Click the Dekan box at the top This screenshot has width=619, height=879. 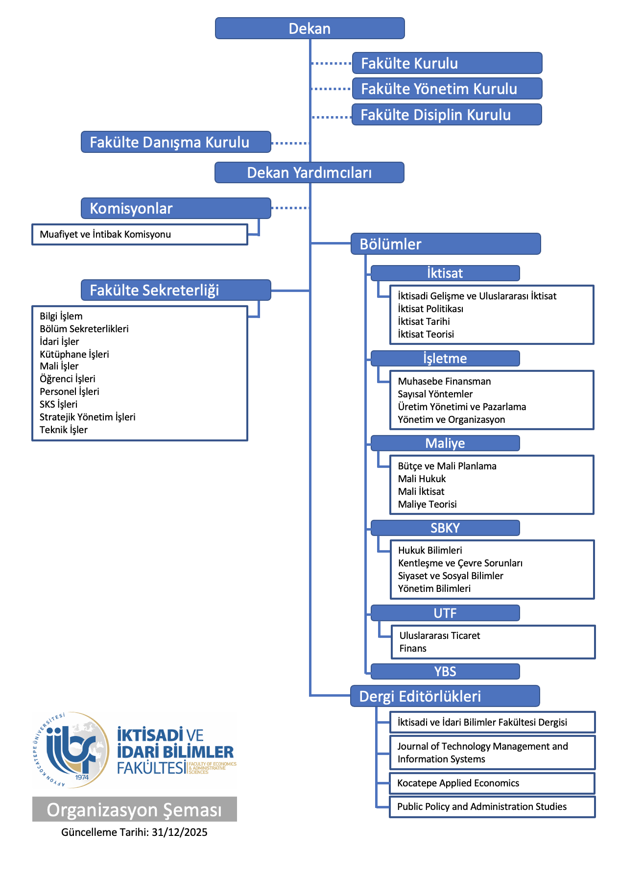[x=309, y=28]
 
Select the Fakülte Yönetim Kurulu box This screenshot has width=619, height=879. [x=447, y=89]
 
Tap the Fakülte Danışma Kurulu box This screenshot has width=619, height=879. [x=176, y=142]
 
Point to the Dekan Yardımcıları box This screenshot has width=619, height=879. [x=309, y=172]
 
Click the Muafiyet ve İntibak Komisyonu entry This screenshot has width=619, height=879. [x=105, y=234]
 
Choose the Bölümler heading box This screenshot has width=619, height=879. [x=445, y=244]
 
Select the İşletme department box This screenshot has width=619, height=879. [x=445, y=358]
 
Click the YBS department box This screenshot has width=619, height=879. [x=445, y=671]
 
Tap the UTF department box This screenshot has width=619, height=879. [x=445, y=613]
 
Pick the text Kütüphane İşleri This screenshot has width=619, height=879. [x=74, y=354]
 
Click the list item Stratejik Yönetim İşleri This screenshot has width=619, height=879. [x=88, y=417]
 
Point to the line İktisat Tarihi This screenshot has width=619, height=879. [x=424, y=321]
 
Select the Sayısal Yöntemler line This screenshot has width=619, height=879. [x=435, y=394]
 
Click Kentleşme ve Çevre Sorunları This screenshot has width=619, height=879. [x=460, y=563]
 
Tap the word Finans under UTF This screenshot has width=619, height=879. [x=413, y=648]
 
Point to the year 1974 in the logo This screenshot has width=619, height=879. [x=82, y=777]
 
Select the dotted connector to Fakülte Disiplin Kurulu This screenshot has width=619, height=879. [x=332, y=117]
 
